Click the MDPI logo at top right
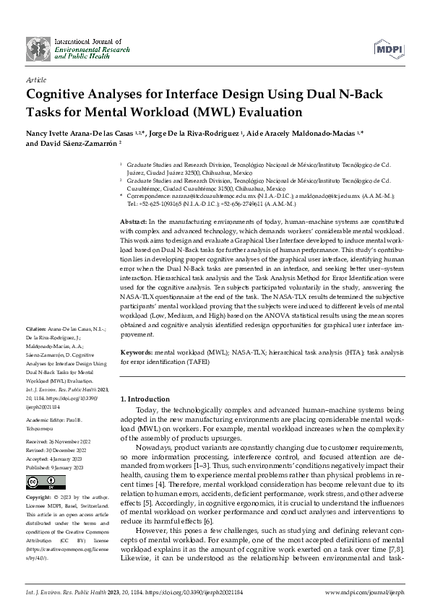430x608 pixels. tap(387, 48)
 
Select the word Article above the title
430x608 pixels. tap(35, 80)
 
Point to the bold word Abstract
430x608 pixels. tap(133, 220)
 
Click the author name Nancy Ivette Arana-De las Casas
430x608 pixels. tap(82, 134)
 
